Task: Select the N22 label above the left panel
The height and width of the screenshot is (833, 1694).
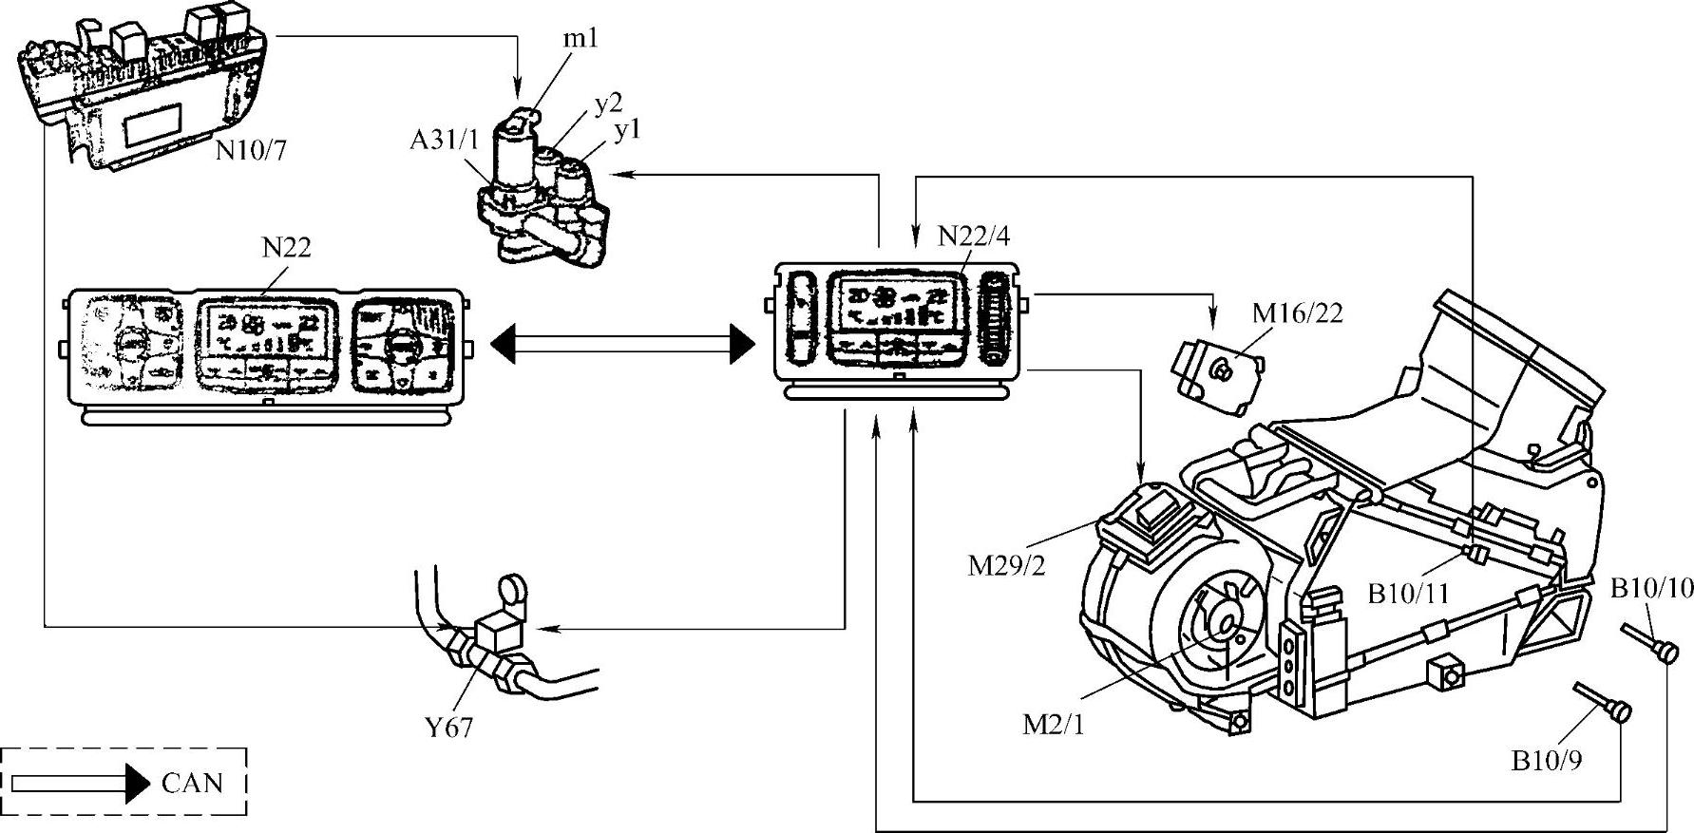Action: (x=286, y=248)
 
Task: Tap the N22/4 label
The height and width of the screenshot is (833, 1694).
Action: (x=974, y=235)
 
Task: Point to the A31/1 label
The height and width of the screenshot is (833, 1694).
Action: (x=445, y=141)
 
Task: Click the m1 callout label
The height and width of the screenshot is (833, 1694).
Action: (x=581, y=39)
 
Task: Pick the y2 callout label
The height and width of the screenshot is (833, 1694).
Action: (x=608, y=104)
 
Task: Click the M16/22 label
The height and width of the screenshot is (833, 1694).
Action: (x=1297, y=312)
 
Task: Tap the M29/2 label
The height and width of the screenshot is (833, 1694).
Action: (x=1006, y=565)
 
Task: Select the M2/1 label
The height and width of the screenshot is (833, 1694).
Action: (x=1053, y=725)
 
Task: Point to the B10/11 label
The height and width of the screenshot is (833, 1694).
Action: (x=1408, y=595)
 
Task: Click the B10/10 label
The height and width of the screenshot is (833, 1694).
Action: (x=1651, y=588)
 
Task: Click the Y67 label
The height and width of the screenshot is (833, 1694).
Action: (x=448, y=729)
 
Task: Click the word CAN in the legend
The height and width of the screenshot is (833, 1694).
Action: (x=192, y=784)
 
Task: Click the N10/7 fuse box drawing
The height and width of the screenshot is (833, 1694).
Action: (x=143, y=95)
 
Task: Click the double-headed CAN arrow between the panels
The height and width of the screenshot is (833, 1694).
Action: (x=622, y=343)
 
